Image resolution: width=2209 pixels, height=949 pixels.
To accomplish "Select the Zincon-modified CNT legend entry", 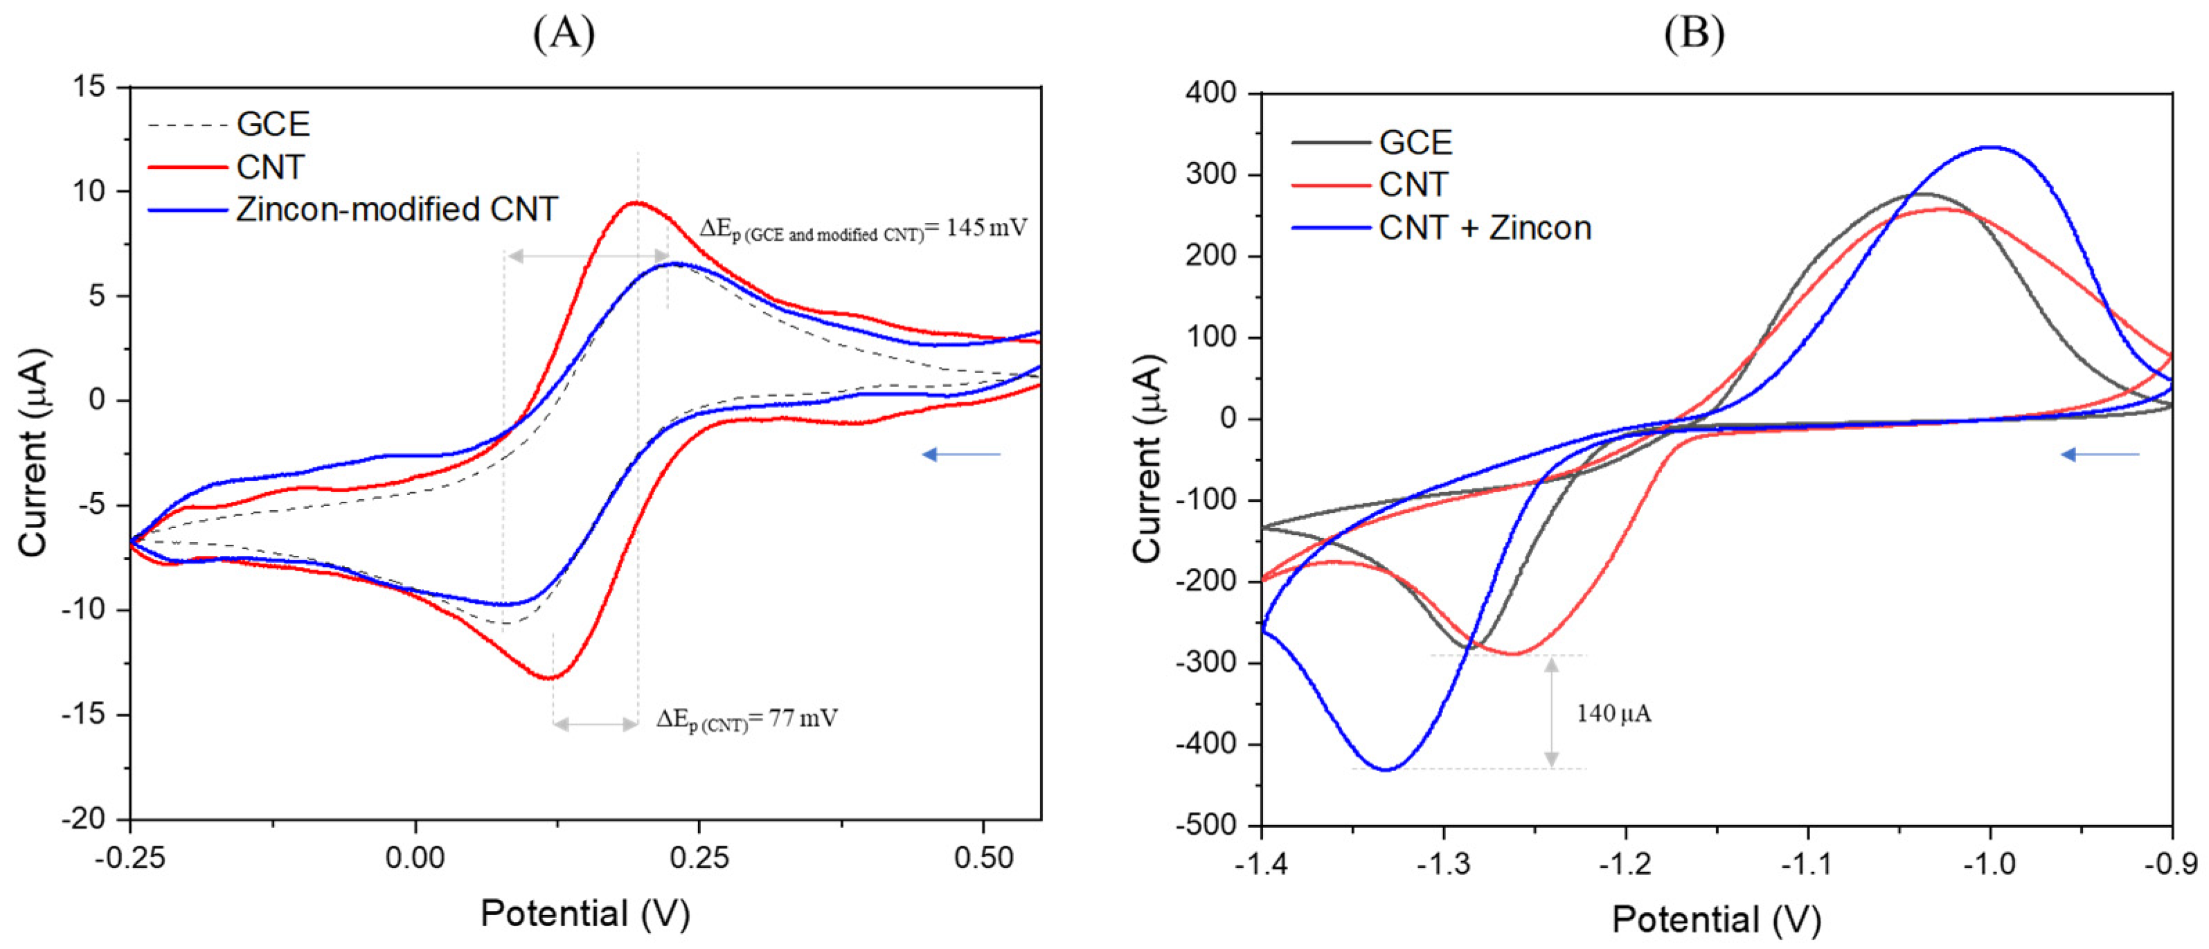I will pyautogui.click(x=396, y=209).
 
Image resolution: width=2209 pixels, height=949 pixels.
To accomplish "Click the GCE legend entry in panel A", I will pyautogui.click(x=272, y=125).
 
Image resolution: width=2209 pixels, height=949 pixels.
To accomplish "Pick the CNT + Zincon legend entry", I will pyautogui.click(x=1485, y=227).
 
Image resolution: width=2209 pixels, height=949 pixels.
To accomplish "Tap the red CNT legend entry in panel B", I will pyautogui.click(x=1413, y=184).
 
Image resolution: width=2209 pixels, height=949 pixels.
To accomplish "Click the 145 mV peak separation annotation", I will pyautogui.click(x=863, y=229).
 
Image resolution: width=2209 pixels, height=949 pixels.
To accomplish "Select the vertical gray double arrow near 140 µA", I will pyautogui.click(x=1551, y=712).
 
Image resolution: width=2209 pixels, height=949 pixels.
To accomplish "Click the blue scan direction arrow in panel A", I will pyautogui.click(x=960, y=454).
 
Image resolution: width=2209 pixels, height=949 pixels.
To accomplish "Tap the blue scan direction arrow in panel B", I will pyautogui.click(x=2099, y=454).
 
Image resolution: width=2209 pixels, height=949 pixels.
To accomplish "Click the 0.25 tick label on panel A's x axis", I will pyautogui.click(x=699, y=857).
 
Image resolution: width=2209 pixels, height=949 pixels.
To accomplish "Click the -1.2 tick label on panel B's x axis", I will pyautogui.click(x=1625, y=863).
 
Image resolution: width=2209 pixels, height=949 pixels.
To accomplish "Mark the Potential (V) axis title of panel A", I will pyautogui.click(x=585, y=914).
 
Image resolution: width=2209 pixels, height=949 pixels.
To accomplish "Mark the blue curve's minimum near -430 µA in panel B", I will pyautogui.click(x=1386, y=769).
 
